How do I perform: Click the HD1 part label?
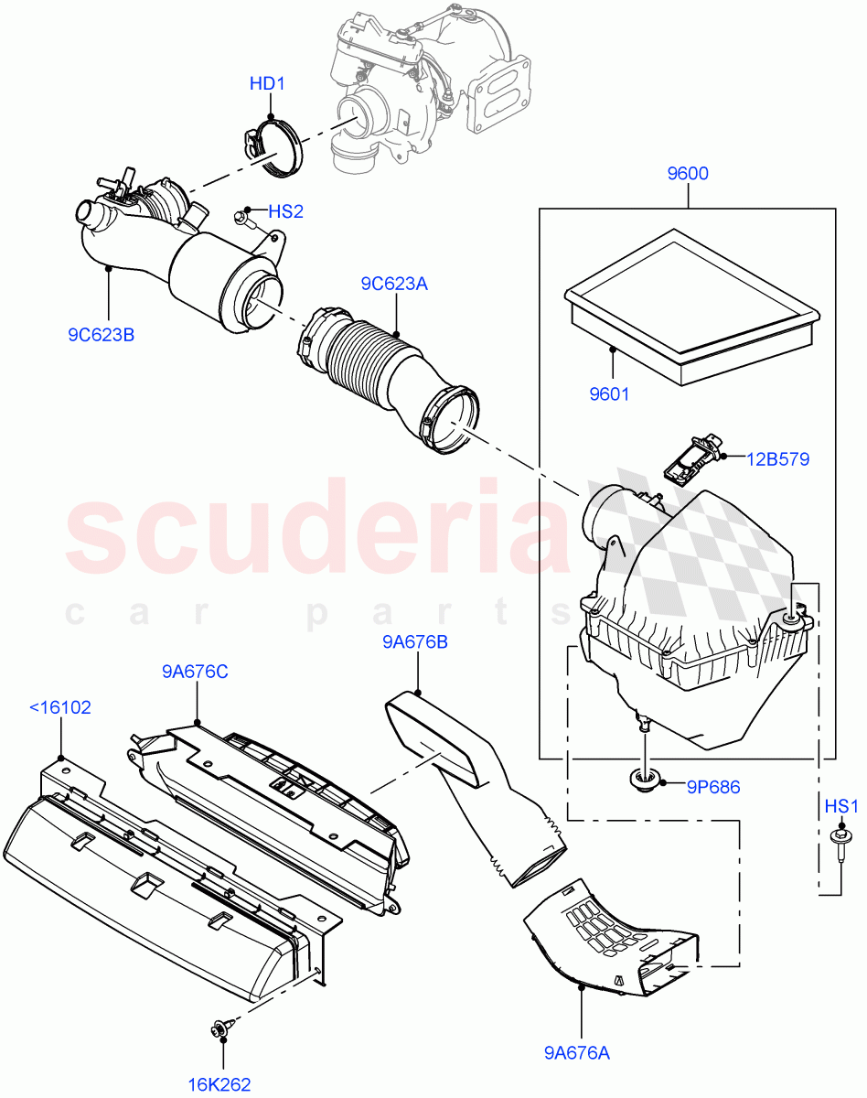point(268,84)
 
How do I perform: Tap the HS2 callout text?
point(285,211)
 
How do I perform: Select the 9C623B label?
point(101,335)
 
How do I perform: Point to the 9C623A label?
point(393,284)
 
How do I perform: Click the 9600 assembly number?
point(687,174)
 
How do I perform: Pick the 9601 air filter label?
point(609,394)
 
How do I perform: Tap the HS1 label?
point(841,806)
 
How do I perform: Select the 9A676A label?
point(578,1053)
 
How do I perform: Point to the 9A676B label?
point(414,642)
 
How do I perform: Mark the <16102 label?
point(60,707)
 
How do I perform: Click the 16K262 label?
point(219,1084)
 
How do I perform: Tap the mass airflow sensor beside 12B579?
point(690,460)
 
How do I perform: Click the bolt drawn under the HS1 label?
point(837,839)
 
